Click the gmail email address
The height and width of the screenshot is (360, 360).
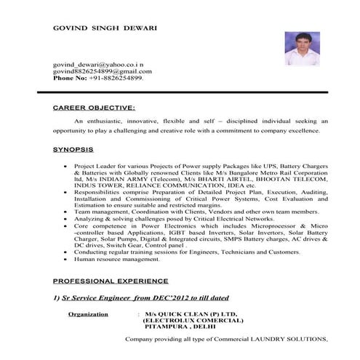103,72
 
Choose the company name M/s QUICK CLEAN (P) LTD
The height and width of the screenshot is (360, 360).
187,315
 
